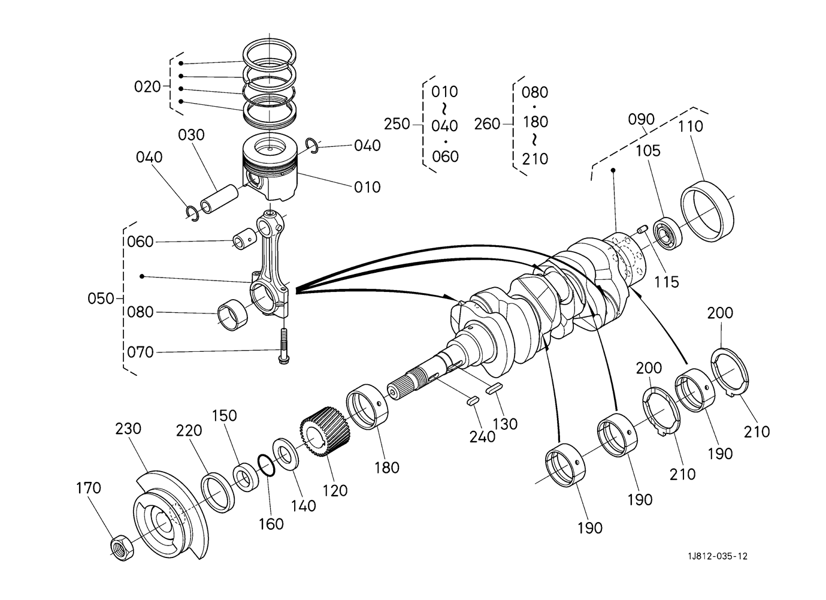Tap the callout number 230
coord(128,429)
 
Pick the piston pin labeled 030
coord(219,200)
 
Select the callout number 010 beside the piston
coord(367,187)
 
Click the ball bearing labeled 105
coord(667,234)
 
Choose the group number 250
coord(397,124)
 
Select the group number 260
coord(487,124)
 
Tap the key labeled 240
coord(473,401)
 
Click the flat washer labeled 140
coord(285,454)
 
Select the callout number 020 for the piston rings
coord(147,87)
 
